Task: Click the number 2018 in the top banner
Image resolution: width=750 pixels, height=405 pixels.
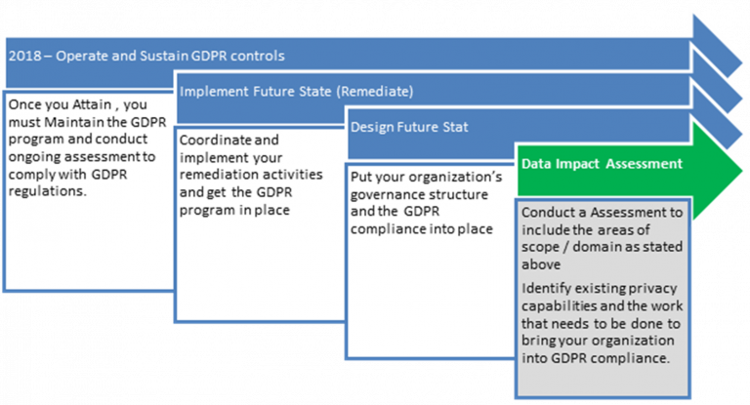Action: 24,56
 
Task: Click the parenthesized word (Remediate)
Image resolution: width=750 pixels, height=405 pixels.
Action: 375,92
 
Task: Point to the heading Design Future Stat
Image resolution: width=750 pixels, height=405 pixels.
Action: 409,127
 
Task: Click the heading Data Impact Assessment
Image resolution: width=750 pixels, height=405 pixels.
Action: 602,164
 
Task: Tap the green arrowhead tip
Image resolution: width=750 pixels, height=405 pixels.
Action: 741,170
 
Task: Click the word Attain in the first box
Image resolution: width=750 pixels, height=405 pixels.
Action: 92,104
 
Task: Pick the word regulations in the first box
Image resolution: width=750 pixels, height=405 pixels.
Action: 46,191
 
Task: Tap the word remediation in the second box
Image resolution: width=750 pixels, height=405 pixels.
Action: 215,175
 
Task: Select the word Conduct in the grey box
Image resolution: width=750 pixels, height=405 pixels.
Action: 542,213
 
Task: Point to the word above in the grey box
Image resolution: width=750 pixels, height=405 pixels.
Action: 541,264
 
